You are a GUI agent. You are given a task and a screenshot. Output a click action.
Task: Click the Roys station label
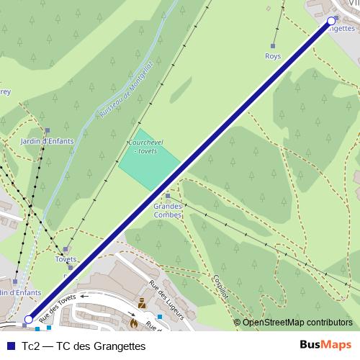click(273, 55)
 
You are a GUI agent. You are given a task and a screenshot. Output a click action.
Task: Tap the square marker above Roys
click(273, 45)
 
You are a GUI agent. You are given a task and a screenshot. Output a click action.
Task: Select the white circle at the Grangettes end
click(332, 21)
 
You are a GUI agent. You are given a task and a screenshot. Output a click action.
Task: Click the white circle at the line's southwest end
click(29, 319)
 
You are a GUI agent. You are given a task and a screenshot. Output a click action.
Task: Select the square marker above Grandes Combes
click(168, 195)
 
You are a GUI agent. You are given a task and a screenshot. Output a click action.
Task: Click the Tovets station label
click(66, 259)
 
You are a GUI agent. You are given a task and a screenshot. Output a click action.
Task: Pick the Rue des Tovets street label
click(58, 308)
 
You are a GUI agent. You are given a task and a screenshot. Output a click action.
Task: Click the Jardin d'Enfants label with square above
click(47, 141)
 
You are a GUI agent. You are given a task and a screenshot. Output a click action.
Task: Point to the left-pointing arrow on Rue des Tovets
click(85, 295)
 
